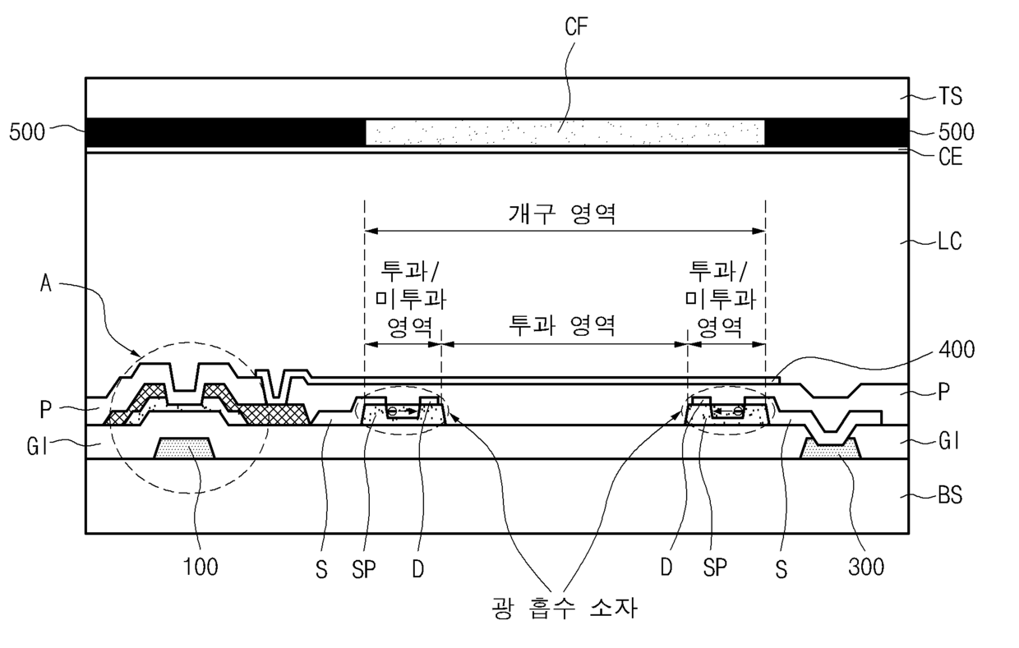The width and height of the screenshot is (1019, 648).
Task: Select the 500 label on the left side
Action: [27, 131]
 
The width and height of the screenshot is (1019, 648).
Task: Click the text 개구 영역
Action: [564, 215]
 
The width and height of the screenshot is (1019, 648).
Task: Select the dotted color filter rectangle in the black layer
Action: [565, 132]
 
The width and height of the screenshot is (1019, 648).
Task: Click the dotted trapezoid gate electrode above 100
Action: [185, 448]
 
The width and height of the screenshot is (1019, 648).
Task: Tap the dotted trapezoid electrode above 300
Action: [830, 449]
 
